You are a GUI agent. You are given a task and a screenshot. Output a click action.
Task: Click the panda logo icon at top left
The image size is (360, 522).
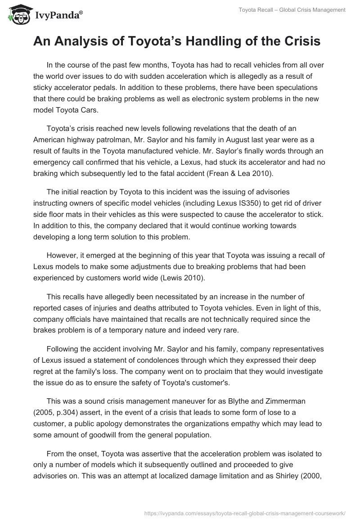(17, 15)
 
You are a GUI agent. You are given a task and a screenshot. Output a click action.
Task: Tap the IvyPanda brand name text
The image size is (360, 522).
(58, 16)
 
